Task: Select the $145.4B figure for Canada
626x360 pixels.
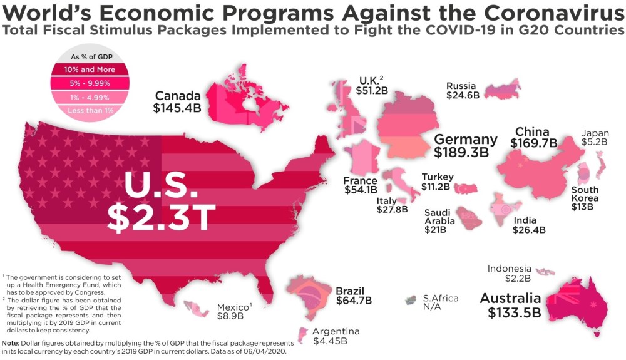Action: pos(177,108)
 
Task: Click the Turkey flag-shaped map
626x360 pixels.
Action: pos(466,188)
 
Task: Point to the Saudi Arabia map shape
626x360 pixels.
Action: pos(468,218)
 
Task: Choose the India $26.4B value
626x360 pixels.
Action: pos(530,230)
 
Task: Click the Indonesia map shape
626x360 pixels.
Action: pos(545,272)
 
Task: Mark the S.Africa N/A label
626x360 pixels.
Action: pos(441,304)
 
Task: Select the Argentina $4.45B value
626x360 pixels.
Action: pos(330,341)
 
